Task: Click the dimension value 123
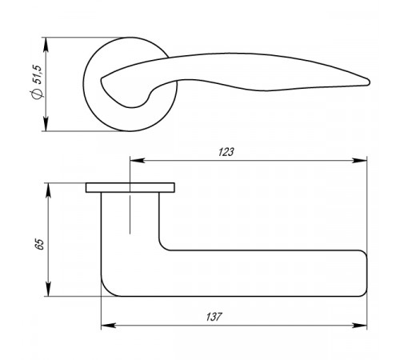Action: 226,152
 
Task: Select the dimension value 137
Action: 214,317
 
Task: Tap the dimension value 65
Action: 39,244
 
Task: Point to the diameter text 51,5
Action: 37,74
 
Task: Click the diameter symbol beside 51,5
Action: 37,94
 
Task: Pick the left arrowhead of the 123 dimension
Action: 138,161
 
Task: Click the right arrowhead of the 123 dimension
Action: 359,161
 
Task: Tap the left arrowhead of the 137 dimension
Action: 109,326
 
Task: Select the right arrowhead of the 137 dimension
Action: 359,326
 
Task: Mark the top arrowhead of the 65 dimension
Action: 48,190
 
